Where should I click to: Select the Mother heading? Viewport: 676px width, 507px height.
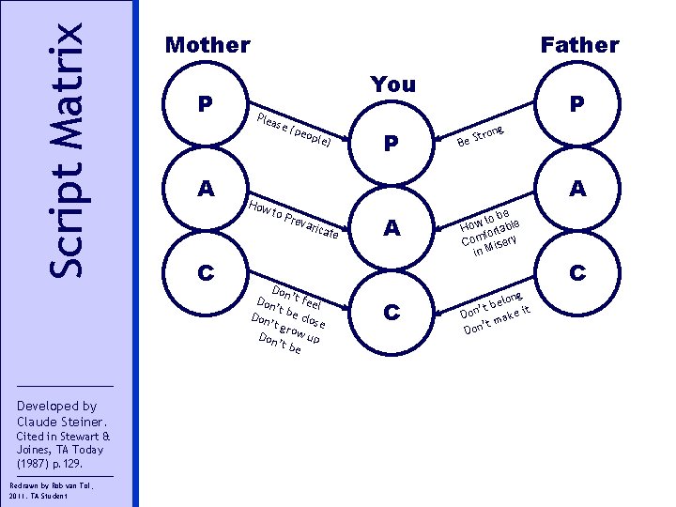coord(207,45)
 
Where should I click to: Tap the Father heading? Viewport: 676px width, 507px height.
coord(579,45)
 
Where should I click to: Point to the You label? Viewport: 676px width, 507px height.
coord(393,84)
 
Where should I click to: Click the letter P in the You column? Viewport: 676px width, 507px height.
coord(393,143)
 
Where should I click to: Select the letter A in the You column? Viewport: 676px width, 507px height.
coord(393,228)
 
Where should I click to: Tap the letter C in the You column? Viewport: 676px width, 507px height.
coord(393,313)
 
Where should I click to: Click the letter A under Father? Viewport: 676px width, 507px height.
coord(579,189)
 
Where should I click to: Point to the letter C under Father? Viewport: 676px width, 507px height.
coord(579,273)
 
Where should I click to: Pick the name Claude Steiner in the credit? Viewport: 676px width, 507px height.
coord(62,422)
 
